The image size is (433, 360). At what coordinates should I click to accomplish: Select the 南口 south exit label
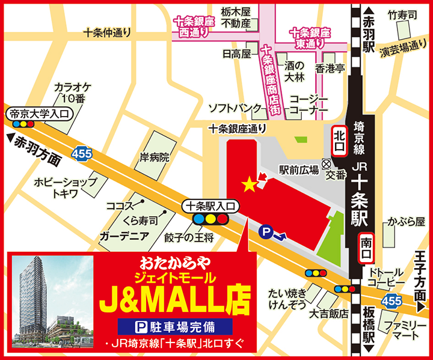(367, 248)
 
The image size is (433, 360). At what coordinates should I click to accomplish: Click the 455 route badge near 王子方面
(393, 299)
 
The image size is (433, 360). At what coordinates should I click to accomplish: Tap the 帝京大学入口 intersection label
(38, 113)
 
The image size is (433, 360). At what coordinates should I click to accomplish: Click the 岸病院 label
(155, 158)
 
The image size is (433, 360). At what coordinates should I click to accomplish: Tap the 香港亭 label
(330, 68)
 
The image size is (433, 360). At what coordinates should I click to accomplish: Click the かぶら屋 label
(411, 221)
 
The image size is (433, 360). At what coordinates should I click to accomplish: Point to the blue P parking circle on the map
(265, 230)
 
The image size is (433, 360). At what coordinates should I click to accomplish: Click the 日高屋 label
(236, 53)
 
